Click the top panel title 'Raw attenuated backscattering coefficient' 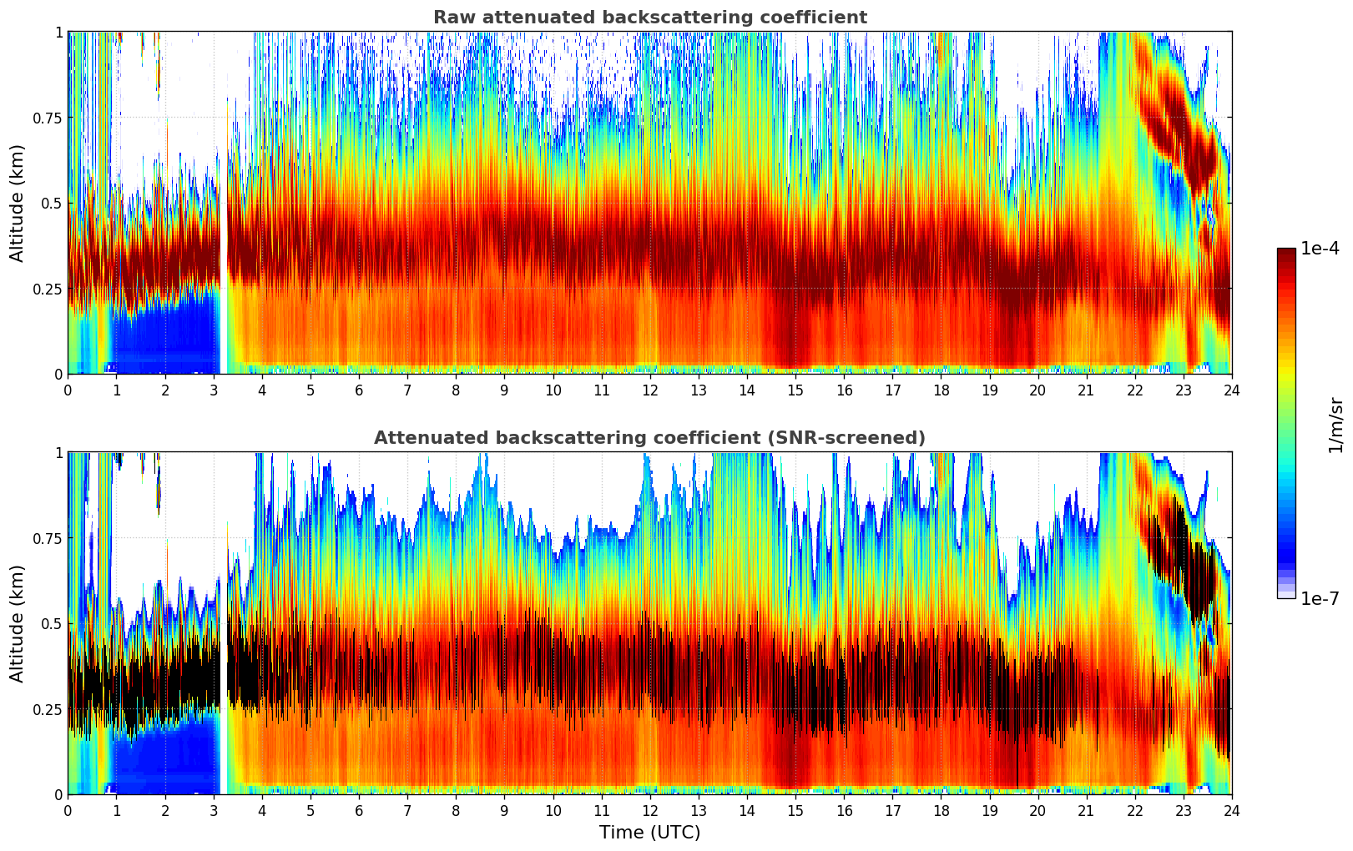click(649, 18)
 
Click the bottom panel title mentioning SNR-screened click(649, 438)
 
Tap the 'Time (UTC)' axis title click(649, 833)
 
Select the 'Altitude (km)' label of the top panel click(18, 203)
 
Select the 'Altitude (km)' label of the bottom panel click(18, 623)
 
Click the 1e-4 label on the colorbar click(1320, 249)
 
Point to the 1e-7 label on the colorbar click(1320, 598)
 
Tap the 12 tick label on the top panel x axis click(649, 390)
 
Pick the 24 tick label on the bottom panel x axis click(1231, 810)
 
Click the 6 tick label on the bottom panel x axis click(359, 810)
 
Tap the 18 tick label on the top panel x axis click(941, 390)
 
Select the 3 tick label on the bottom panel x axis click(214, 810)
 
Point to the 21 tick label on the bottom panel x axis click(1086, 810)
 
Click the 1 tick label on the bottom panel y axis click(58, 452)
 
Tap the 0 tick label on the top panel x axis click(68, 390)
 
